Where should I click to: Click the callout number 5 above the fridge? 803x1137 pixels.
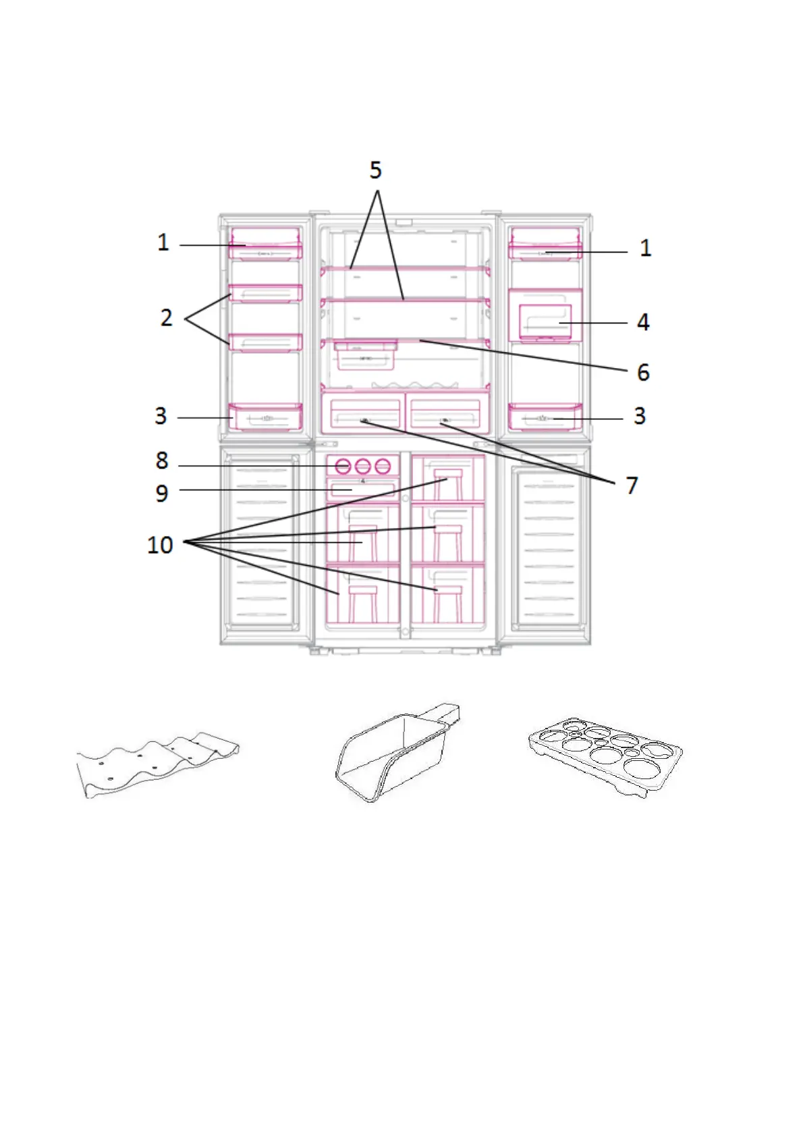click(375, 170)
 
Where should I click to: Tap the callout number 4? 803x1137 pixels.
click(643, 322)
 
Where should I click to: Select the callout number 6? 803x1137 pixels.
click(643, 372)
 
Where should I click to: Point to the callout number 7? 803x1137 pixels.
click(632, 485)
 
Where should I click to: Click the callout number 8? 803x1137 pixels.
click(162, 461)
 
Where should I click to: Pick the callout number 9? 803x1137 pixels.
click(162, 493)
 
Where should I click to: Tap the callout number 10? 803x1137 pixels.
click(161, 544)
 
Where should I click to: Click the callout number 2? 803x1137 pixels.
click(167, 317)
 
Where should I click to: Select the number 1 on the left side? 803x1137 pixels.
click(163, 242)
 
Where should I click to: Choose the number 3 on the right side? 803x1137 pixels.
click(639, 416)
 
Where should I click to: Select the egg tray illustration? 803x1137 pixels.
click(605, 755)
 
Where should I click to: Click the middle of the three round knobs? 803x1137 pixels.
click(363, 466)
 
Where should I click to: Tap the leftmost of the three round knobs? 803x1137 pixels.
click(343, 466)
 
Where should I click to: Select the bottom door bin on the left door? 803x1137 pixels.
click(266, 417)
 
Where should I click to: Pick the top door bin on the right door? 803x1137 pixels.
click(545, 244)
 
